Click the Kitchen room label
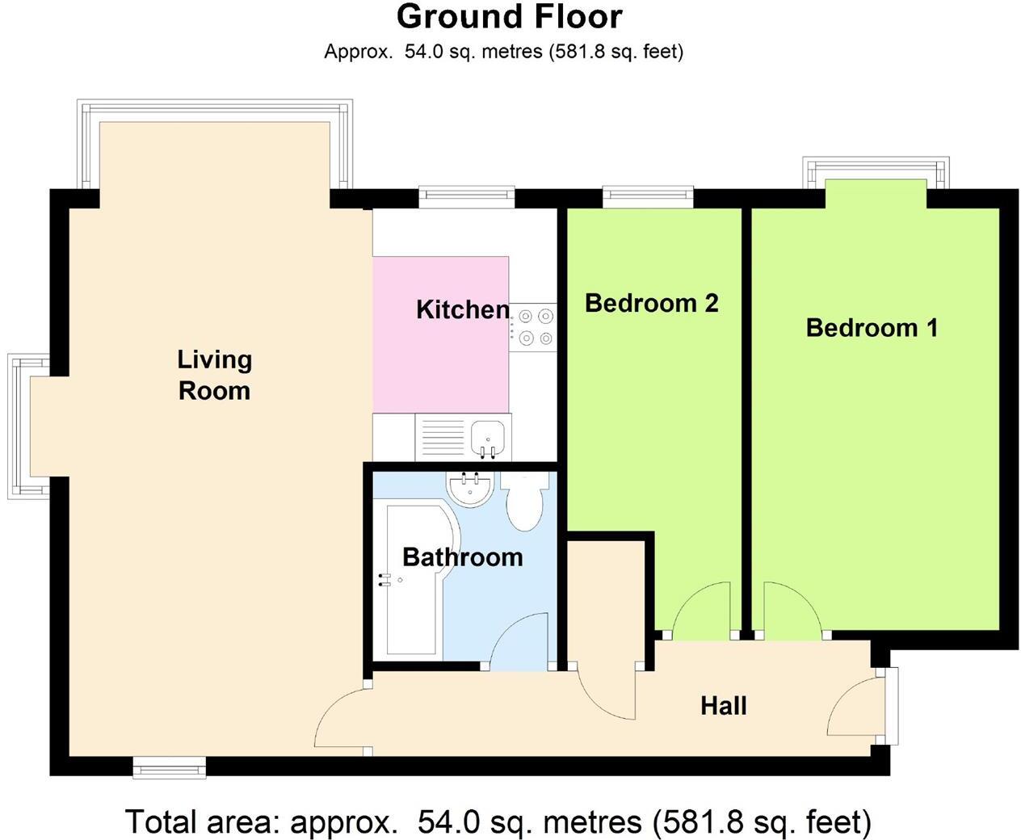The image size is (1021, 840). pos(463,309)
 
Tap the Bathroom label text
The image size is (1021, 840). pos(462,557)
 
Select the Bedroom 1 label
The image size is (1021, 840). pos(872,328)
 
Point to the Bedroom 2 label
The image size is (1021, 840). pos(652,303)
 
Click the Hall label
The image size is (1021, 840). pos(724,706)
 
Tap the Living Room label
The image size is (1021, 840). pos(215,376)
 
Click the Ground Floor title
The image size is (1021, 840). pos(510,17)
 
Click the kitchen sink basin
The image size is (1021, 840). pos(488,435)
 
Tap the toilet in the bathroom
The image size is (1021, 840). pos(525,500)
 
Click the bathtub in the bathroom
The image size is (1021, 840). pos(416,580)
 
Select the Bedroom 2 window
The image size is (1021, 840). pos(649,198)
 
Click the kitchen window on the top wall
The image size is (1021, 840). pos(466,198)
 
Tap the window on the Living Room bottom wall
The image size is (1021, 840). pos(170,767)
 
